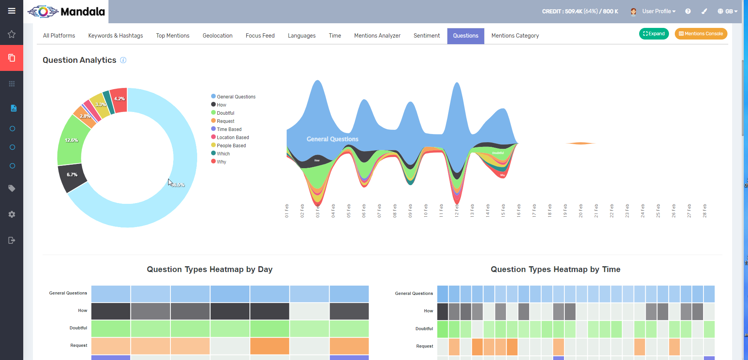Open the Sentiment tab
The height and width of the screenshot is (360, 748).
pyautogui.click(x=426, y=36)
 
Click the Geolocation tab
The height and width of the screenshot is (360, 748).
pyautogui.click(x=217, y=36)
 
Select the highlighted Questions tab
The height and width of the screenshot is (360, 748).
pyautogui.click(x=466, y=36)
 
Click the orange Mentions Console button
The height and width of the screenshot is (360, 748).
pyautogui.click(x=701, y=34)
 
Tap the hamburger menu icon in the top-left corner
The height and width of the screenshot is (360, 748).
pyautogui.click(x=12, y=11)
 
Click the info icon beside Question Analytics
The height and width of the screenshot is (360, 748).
pyautogui.click(x=123, y=60)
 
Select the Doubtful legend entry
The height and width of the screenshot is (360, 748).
pyautogui.click(x=225, y=113)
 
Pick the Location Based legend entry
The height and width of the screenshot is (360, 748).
pyautogui.click(x=232, y=138)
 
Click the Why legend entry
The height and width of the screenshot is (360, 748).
pyautogui.click(x=221, y=162)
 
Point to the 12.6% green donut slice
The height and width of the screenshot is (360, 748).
pyautogui.click(x=72, y=140)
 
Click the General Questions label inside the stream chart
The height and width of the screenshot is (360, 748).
pyautogui.click(x=332, y=139)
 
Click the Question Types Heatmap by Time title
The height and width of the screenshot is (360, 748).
pyautogui.click(x=555, y=269)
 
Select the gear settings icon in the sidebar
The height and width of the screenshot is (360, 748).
pyautogui.click(x=12, y=214)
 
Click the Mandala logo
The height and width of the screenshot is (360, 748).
pyautogui.click(x=66, y=12)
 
